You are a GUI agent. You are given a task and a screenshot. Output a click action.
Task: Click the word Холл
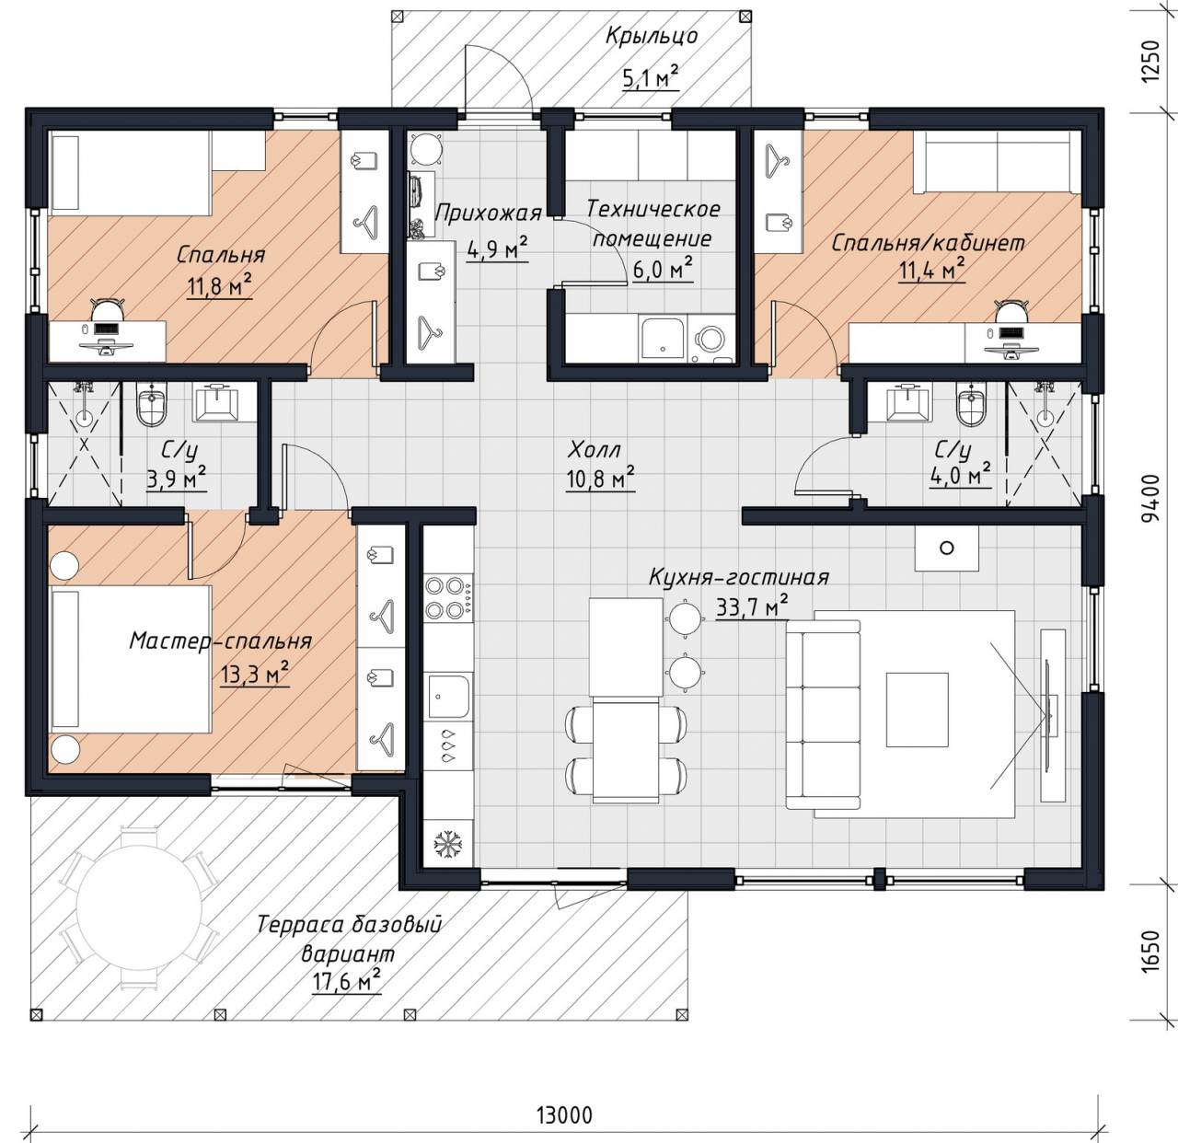coord(594,450)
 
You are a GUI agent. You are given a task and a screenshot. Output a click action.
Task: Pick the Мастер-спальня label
coord(220,641)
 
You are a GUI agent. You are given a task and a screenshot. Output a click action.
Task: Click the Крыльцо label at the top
coord(652,36)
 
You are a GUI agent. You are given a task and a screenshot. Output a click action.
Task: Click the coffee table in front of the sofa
coord(918,709)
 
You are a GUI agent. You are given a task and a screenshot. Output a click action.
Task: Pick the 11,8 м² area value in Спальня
coord(220,285)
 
